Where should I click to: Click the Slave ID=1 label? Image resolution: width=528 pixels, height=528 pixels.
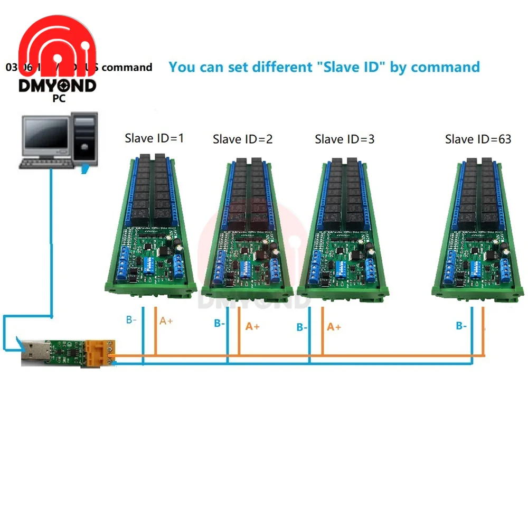[x=154, y=138]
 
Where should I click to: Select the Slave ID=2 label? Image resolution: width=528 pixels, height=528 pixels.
[x=242, y=139]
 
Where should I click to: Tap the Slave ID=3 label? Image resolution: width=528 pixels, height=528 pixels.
[x=344, y=139]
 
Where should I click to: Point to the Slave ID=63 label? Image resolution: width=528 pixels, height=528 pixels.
[x=478, y=139]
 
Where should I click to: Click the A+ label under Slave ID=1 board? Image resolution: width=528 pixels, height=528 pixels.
[x=166, y=320]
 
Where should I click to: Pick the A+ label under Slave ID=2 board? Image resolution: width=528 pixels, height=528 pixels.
[x=252, y=326]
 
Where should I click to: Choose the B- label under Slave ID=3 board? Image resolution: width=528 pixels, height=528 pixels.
[x=302, y=327]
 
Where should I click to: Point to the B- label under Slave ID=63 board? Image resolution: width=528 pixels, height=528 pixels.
[x=461, y=326]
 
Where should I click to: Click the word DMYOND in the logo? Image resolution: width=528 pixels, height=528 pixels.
[x=57, y=86]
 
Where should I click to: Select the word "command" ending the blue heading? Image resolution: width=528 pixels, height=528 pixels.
[x=445, y=67]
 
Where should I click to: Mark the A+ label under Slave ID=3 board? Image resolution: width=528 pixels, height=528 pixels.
[x=334, y=327]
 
